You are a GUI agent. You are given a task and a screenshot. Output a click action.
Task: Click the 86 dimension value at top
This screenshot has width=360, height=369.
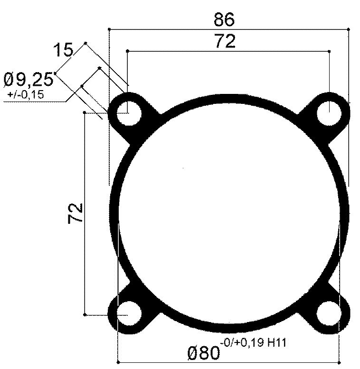224,20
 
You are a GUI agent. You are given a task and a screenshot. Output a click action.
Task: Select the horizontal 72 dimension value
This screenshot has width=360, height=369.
225,42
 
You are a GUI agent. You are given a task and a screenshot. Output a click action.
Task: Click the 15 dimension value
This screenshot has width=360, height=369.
63,50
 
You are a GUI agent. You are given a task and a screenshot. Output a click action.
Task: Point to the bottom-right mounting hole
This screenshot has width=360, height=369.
329,314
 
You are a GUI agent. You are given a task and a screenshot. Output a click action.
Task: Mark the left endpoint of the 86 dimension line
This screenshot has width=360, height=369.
109,29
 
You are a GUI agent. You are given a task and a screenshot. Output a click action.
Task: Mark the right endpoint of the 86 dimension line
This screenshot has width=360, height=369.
349,29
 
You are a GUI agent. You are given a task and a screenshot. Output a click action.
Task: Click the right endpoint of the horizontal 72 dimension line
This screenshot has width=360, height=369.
329,51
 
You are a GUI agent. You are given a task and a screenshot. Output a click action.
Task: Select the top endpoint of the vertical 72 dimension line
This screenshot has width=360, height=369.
84,112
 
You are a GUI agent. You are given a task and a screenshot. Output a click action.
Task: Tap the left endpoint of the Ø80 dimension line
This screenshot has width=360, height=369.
117,361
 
